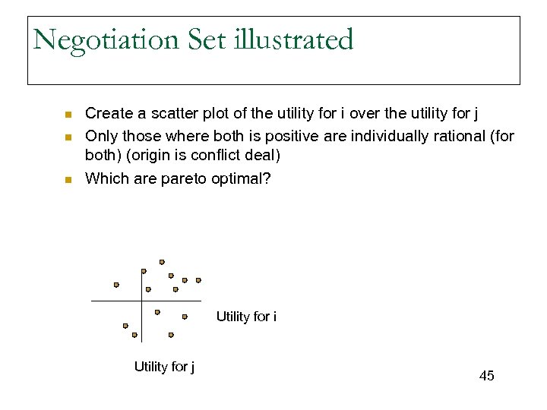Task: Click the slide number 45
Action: click(486, 376)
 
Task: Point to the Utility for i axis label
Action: click(246, 317)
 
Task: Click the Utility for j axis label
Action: click(164, 367)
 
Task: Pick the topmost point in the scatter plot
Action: click(162, 262)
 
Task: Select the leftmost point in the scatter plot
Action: click(116, 285)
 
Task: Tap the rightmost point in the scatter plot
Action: click(198, 280)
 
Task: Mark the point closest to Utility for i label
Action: click(185, 317)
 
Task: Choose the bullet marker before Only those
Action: click(67, 137)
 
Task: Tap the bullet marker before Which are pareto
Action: click(67, 180)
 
